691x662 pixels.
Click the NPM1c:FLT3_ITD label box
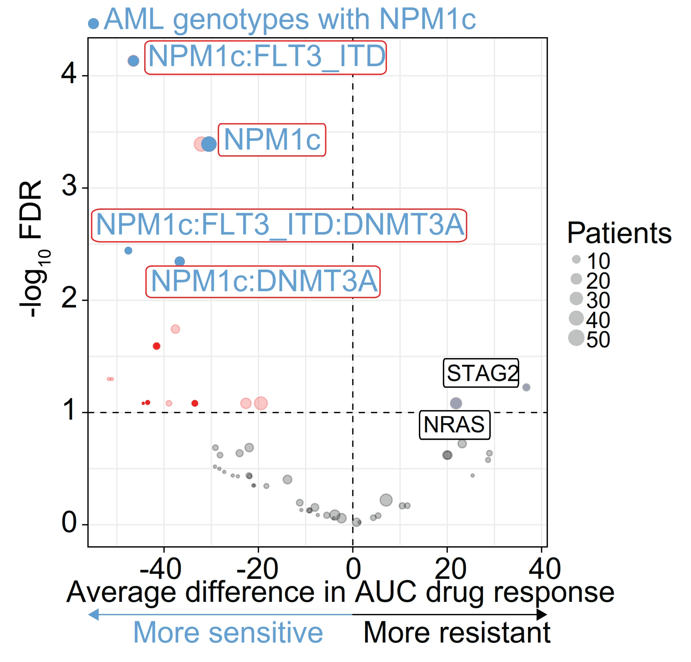pos(265,58)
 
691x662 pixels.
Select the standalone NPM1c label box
pos(272,140)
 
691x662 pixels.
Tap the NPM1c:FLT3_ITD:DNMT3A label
pos(279,225)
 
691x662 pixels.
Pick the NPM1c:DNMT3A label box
pos(263,282)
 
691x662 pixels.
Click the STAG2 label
pos(481,373)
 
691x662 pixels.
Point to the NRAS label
pos(455,425)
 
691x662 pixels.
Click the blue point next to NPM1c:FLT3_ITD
pos(133,61)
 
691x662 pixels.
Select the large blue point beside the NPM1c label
pos(209,144)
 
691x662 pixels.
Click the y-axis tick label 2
pos(69,298)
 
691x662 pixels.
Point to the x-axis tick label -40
pos(161,569)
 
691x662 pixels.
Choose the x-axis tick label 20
pos(450,569)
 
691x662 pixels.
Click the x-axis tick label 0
pos(353,569)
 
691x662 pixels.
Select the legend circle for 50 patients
pos(576,338)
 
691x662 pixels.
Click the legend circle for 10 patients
pos(576,259)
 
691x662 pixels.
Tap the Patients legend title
pos(619,233)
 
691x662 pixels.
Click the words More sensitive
pos(228,633)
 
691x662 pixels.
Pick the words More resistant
pos(457,633)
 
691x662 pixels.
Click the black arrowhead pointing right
pos(541,615)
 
